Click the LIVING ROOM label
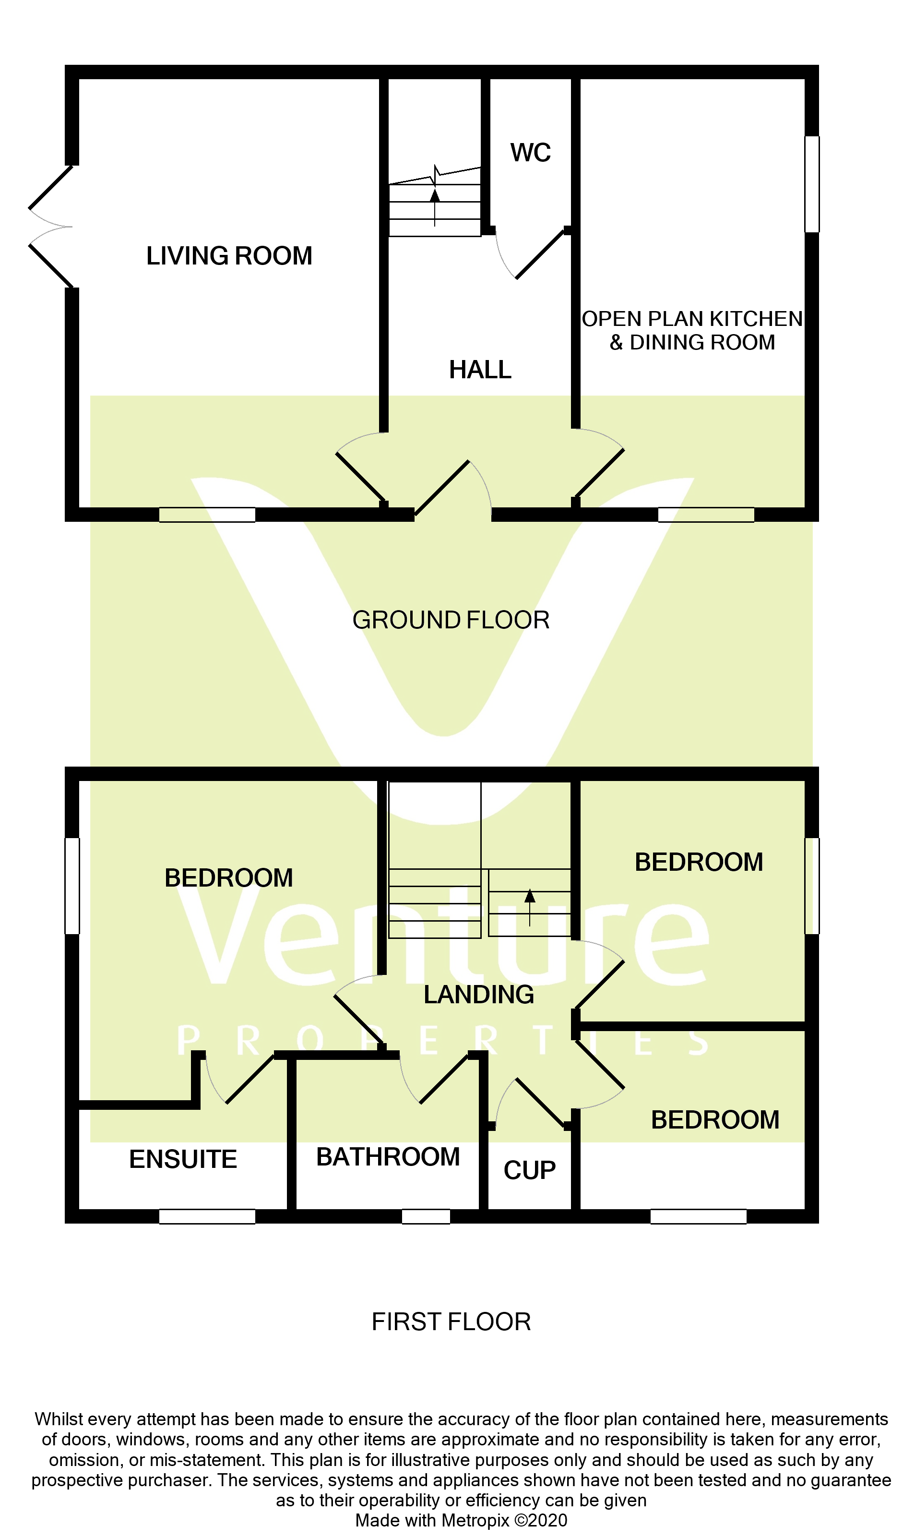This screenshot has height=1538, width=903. point(229,256)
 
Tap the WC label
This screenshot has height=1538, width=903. point(530,153)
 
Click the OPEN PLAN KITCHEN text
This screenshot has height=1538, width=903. point(692,319)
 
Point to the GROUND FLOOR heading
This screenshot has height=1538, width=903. point(451,620)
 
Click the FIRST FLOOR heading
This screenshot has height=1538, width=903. point(451,1322)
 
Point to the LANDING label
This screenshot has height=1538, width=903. point(478,995)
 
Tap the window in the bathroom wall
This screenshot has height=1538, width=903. point(426,1217)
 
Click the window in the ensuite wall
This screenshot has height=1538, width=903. point(207,1217)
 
